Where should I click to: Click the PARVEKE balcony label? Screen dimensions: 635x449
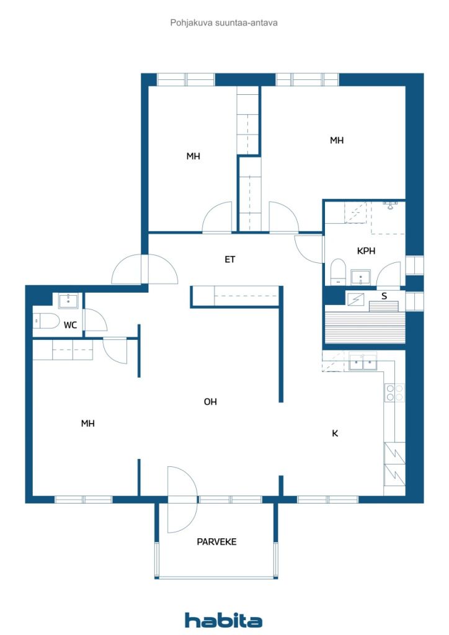click(216, 541)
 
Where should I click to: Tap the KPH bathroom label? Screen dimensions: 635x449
click(366, 251)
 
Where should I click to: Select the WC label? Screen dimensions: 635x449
click(71, 325)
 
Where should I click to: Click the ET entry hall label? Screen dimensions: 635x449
click(230, 260)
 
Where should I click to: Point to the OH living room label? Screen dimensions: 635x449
click(211, 402)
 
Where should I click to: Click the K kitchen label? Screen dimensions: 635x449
click(335, 433)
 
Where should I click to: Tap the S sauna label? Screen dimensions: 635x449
click(384, 296)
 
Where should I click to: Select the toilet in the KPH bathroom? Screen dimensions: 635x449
click(338, 271)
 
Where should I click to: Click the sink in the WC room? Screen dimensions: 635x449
click(68, 301)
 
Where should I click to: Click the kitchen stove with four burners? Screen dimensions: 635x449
click(394, 392)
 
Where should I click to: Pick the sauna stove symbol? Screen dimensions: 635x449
click(356, 299)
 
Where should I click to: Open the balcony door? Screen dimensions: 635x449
click(182, 499)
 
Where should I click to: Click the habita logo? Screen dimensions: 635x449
click(223, 620)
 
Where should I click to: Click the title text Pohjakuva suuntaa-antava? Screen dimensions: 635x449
click(223, 22)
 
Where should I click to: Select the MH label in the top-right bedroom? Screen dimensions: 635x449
click(337, 141)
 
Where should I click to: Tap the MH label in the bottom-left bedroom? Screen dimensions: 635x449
click(87, 424)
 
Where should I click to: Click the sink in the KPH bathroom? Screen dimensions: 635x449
click(360, 276)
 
